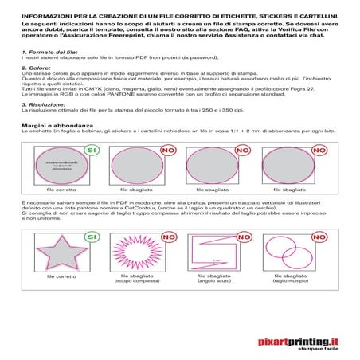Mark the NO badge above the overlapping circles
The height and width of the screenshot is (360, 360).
pyautogui.click(x=324, y=237)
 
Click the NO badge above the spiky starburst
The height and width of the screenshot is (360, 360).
pyautogui.click(x=168, y=237)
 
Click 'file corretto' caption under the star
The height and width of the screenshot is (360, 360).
pyautogui.click(x=61, y=276)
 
